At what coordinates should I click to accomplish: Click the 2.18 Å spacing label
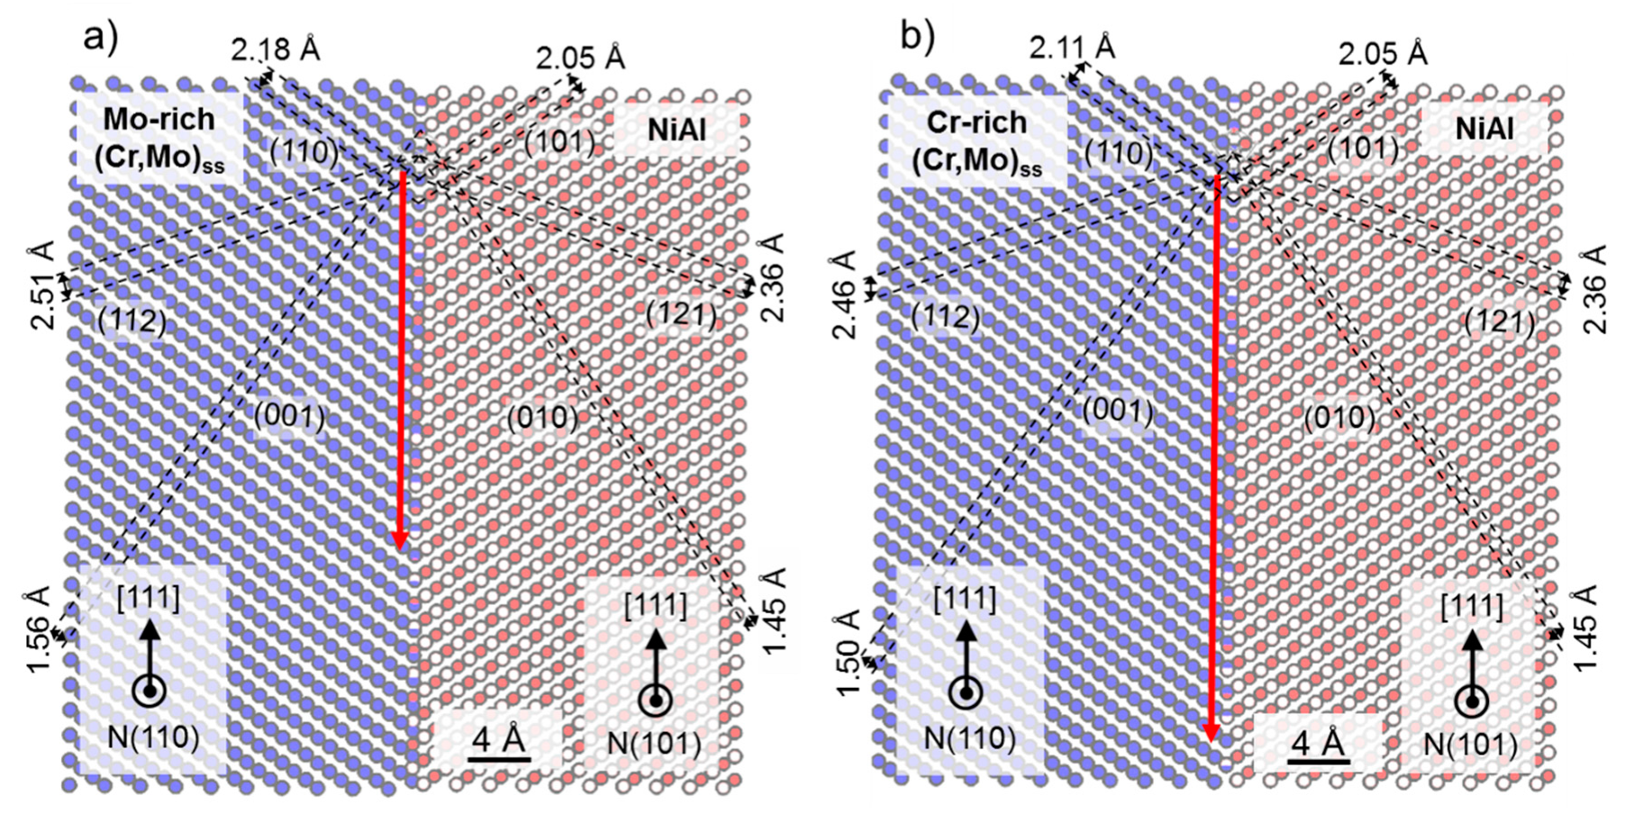[x=275, y=49]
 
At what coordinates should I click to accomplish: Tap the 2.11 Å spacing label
[x=1072, y=46]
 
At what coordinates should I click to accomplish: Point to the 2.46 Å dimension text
[x=847, y=294]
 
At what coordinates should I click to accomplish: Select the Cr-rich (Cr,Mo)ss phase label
[x=978, y=141]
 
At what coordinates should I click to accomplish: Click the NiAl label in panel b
[x=1484, y=129]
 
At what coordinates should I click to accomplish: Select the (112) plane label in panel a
[x=132, y=321]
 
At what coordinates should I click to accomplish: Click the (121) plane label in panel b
[x=1500, y=321]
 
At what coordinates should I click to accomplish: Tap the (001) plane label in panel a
[x=289, y=416]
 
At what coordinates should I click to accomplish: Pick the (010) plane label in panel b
[x=1340, y=419]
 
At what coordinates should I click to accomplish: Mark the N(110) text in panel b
[x=970, y=738]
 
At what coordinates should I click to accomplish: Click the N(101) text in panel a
[x=654, y=744]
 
